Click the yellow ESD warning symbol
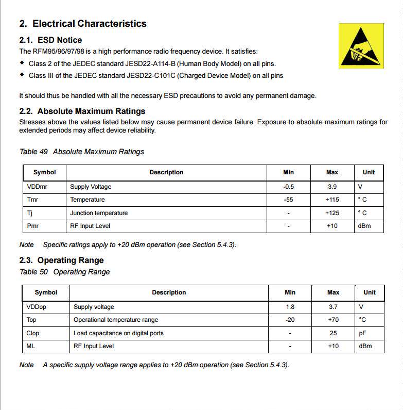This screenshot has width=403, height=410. point(361,46)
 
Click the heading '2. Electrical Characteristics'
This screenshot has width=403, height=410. point(83,24)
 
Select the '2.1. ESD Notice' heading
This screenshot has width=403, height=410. point(50,40)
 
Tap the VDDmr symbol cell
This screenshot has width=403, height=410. point(37,187)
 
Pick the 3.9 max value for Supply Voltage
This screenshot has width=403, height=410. point(332,187)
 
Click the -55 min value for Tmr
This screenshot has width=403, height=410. point(289,200)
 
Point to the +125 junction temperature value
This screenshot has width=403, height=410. point(332,213)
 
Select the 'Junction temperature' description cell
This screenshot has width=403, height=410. point(99,213)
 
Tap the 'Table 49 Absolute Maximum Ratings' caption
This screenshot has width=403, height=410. point(81,152)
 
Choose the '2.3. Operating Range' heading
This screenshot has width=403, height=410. point(61,260)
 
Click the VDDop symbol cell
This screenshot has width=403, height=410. point(37,307)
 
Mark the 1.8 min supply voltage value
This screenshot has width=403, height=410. point(290,307)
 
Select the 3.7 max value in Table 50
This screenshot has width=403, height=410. point(334,307)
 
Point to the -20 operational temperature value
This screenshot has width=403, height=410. point(290,320)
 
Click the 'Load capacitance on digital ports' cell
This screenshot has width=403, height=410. point(118,333)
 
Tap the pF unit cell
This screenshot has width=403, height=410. point(363,333)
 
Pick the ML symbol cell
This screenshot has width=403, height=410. point(31,346)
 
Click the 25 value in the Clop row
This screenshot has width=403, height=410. point(334,333)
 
